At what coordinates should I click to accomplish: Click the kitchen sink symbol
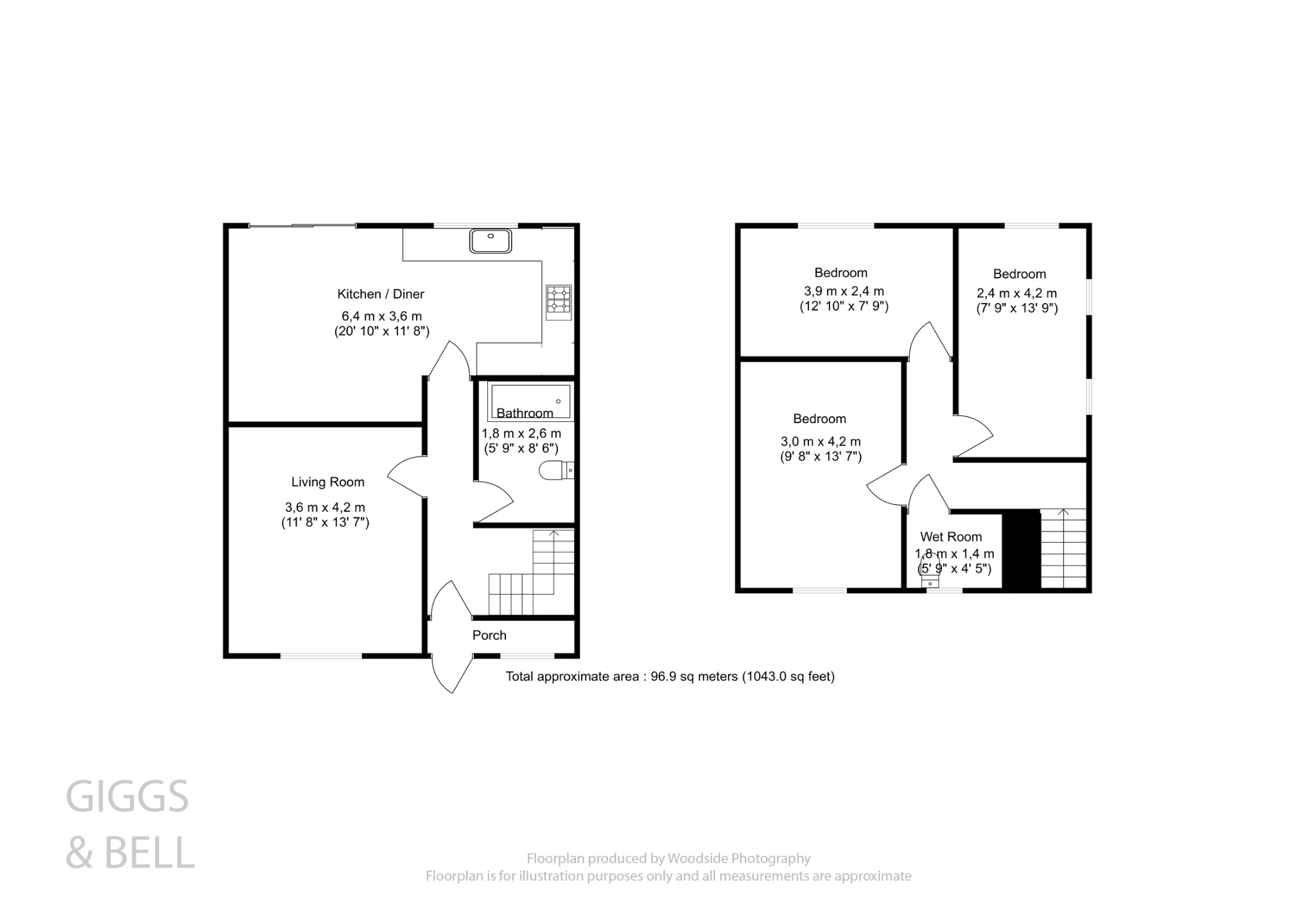[x=491, y=241]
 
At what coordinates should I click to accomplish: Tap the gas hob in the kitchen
[x=559, y=302]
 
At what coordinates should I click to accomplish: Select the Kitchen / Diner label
[x=381, y=294]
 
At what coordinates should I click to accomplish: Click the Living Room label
[x=327, y=482]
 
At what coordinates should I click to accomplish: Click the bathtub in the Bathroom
[x=530, y=401]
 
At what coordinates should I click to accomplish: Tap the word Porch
[x=489, y=636]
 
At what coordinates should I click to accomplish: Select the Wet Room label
[x=951, y=537]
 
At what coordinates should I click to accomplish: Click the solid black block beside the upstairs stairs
[x=1021, y=550]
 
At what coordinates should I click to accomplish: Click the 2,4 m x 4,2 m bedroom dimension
[x=1016, y=293]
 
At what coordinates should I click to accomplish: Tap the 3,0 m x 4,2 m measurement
[x=821, y=442]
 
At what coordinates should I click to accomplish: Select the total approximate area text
[x=670, y=676]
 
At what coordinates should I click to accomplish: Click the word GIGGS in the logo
[x=127, y=797]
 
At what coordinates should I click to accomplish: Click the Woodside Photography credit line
[x=668, y=858]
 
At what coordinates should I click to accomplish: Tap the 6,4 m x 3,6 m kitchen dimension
[x=381, y=317]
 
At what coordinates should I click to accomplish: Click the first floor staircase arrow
[x=1063, y=513]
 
